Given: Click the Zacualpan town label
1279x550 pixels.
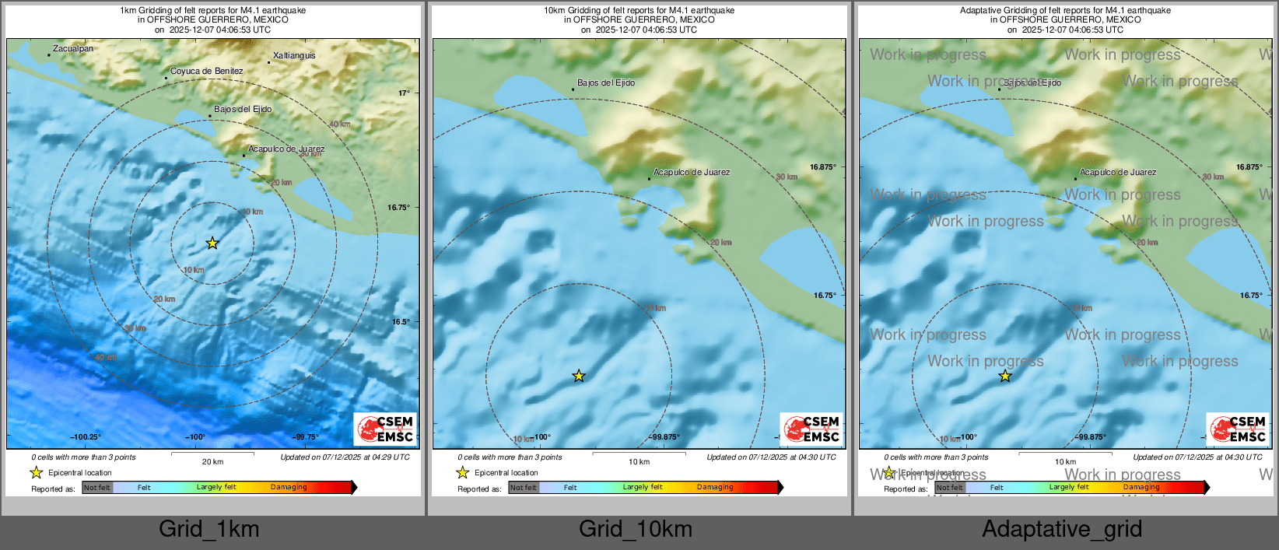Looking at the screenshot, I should point(72,49).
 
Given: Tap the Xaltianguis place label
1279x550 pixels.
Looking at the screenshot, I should point(294,56).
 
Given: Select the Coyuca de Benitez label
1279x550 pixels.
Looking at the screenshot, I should point(206,72).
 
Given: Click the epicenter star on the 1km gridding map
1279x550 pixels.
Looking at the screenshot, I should point(212,243).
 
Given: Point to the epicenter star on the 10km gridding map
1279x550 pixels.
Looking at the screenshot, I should point(579,377).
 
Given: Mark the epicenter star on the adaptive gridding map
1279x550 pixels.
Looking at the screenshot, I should point(1005,377).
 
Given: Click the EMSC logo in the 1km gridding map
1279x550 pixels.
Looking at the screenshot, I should point(385,429).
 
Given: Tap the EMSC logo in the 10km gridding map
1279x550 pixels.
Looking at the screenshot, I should point(811,429).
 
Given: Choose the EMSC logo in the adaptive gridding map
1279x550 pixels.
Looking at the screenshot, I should point(1238,429).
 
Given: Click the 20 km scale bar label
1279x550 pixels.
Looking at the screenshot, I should point(212,462).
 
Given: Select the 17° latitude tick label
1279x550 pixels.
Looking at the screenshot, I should point(404,93).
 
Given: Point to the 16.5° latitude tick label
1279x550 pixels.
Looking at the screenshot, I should point(401,322).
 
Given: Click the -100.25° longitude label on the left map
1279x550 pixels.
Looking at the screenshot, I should point(86,437).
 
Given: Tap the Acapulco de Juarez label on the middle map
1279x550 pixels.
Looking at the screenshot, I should point(692,173).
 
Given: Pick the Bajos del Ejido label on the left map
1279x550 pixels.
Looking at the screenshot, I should point(243,110).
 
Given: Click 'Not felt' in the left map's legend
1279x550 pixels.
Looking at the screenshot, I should point(97,488).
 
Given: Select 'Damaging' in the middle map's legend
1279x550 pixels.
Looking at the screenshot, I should point(715,488).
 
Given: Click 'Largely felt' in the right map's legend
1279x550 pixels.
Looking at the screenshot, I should point(1069,488).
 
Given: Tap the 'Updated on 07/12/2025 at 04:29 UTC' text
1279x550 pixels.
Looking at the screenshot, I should point(345,457).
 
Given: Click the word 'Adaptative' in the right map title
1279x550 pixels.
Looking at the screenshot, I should point(981,11).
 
